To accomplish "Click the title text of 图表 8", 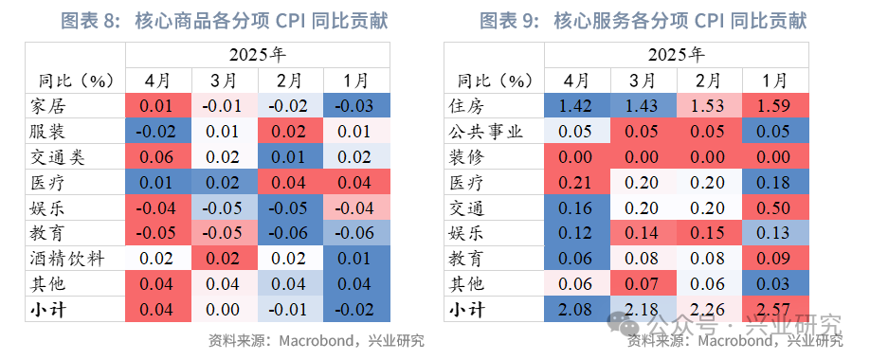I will click(224, 20).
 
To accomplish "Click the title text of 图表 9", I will click(649, 20).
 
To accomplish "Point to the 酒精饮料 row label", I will click(63, 257).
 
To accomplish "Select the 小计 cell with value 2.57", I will click(773, 308).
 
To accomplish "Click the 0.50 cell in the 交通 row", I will click(773, 206).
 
